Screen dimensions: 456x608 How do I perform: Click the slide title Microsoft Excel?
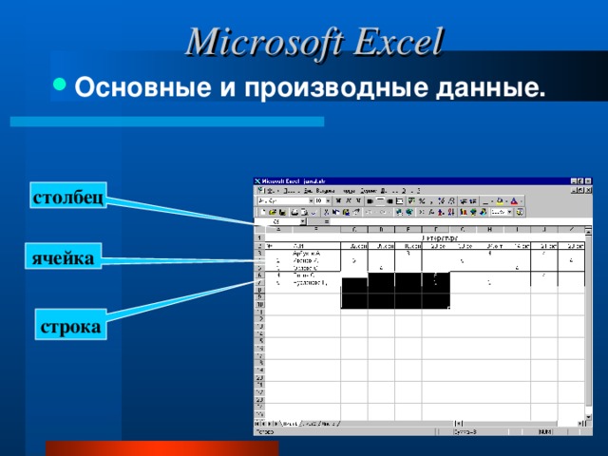tap(314, 43)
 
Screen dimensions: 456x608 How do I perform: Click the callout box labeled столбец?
tap(67, 198)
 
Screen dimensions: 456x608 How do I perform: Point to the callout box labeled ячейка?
tap(64, 257)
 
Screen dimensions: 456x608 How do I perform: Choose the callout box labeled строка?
tap(70, 327)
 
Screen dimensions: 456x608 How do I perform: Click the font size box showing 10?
tap(321, 201)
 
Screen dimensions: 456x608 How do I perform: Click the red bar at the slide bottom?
tap(161, 447)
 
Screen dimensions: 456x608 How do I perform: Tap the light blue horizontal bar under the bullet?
tap(166, 122)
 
